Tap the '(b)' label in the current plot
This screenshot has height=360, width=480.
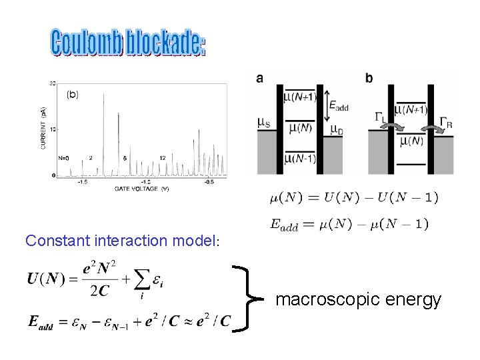(72, 95)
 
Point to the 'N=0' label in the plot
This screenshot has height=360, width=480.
(64, 158)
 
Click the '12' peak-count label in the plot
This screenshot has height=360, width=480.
(162, 158)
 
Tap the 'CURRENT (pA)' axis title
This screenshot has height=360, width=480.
(44, 129)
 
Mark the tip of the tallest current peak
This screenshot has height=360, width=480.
(103, 93)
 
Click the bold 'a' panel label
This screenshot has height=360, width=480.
(259, 79)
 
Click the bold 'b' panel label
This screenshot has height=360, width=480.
(369, 79)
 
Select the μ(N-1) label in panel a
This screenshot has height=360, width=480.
(301, 158)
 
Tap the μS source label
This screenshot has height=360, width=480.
(264, 122)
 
